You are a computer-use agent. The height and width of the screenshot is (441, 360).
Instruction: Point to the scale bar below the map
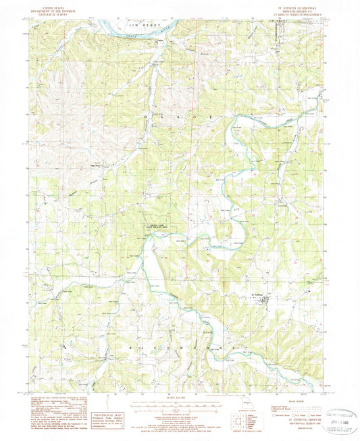[178, 405]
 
